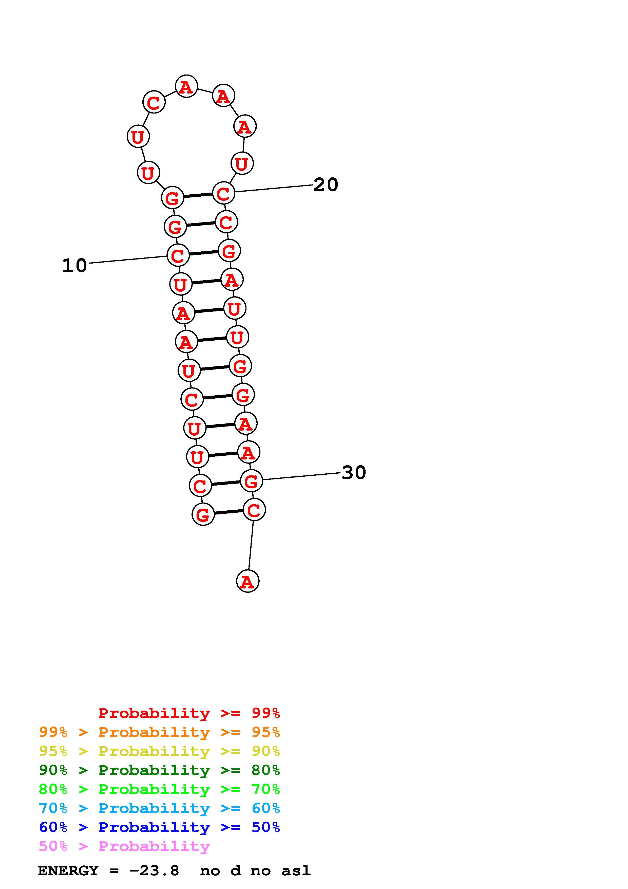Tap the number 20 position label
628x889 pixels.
[326, 185]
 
